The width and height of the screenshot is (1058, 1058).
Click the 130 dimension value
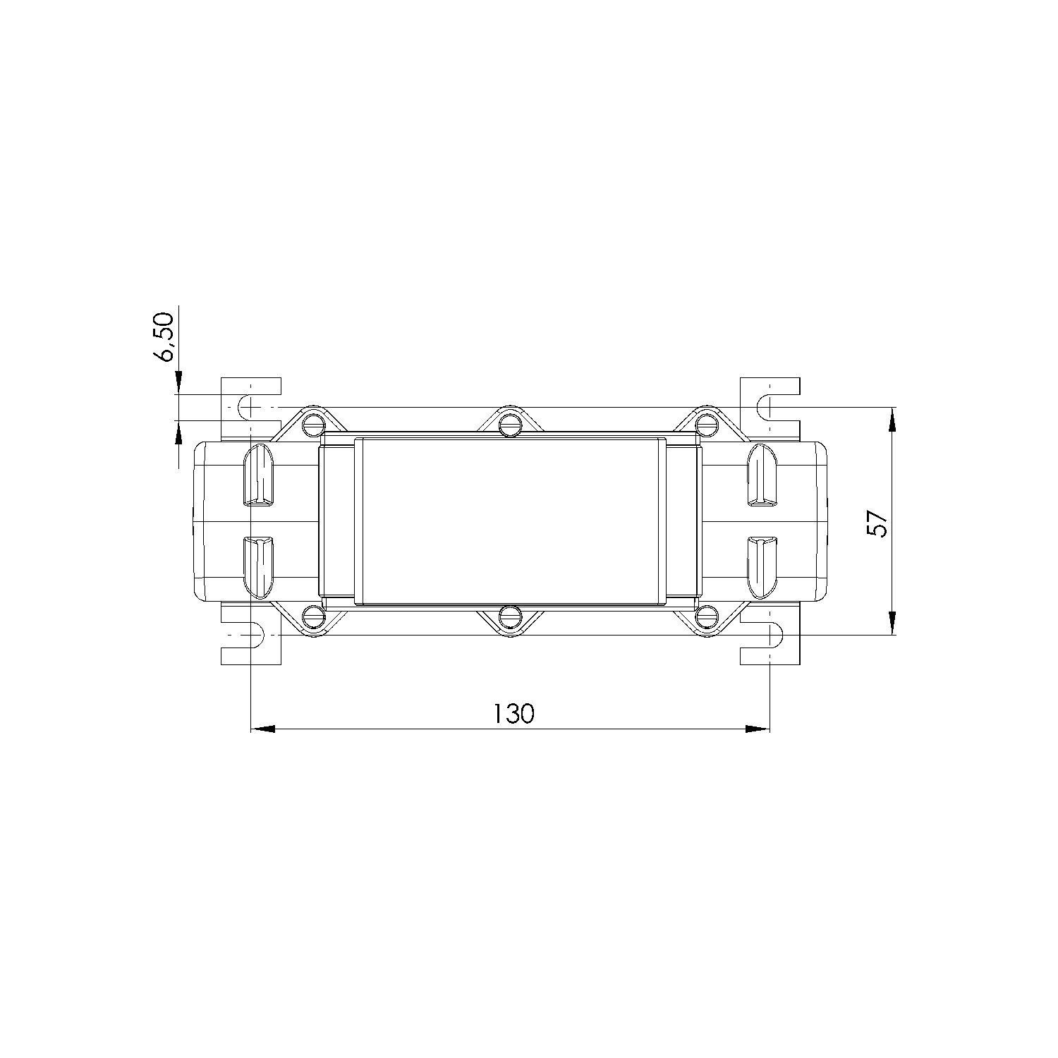pyautogui.click(x=513, y=713)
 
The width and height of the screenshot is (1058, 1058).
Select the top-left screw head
pyautogui.click(x=312, y=425)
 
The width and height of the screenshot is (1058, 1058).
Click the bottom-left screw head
pyautogui.click(x=312, y=618)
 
